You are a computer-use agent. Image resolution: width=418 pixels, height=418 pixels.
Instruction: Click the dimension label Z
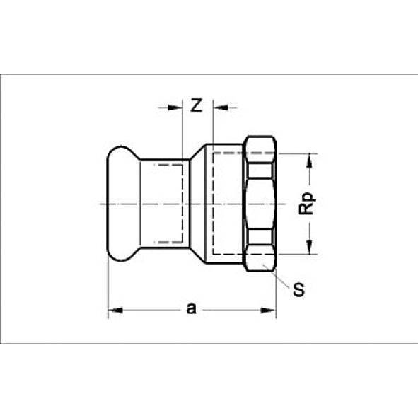coord(197,106)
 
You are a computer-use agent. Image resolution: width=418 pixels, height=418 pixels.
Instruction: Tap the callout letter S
coord(299,291)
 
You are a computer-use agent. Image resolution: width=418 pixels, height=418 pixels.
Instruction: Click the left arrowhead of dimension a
coord(113,309)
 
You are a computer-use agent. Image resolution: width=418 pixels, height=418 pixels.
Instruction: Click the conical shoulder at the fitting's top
coord(199,150)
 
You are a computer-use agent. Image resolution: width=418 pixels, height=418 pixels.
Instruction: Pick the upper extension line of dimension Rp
coord(297,153)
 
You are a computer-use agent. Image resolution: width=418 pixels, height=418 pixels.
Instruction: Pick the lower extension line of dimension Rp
coord(297,253)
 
